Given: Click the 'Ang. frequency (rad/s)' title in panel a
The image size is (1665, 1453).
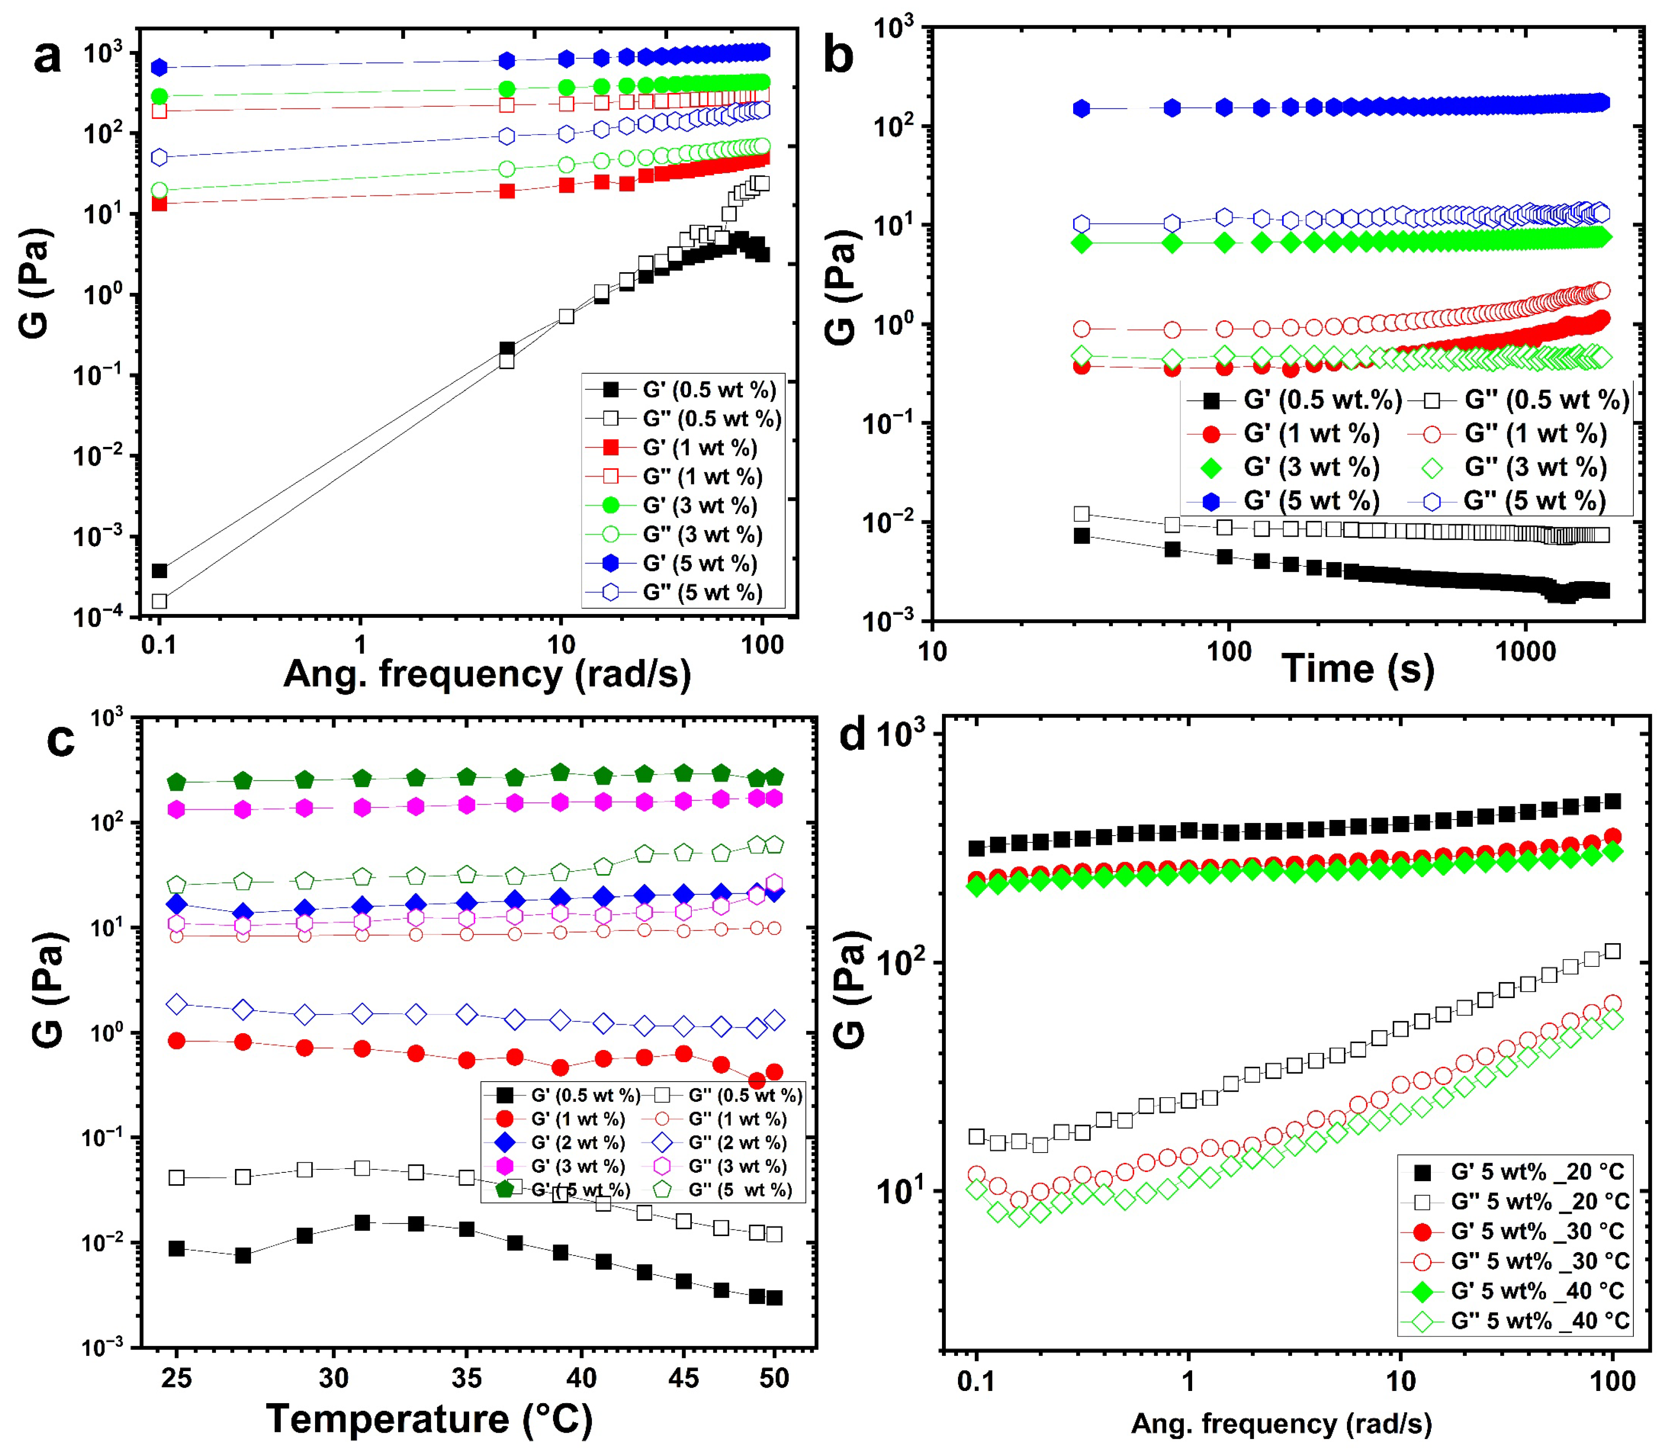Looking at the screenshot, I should coord(486,674).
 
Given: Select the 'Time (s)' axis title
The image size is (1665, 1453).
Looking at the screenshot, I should coord(1358,669).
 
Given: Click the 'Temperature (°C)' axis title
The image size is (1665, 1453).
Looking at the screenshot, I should coord(429,1418).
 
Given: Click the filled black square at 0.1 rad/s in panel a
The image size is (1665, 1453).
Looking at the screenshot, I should coord(160,571).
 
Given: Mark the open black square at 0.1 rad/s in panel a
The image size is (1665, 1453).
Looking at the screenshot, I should coord(160,601).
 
